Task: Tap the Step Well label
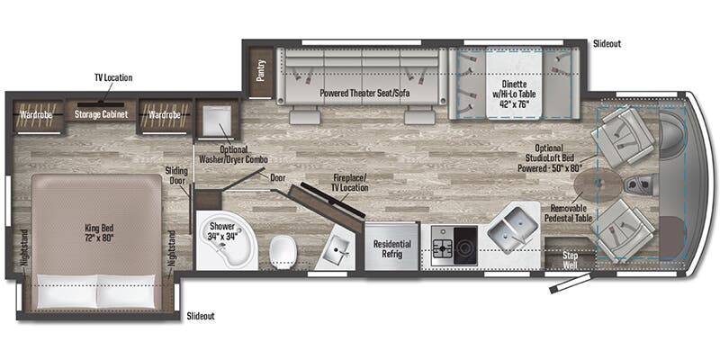[570, 259]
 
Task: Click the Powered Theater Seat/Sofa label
[358, 94]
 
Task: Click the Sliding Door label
[175, 175]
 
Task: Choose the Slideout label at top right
[608, 43]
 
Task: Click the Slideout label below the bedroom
[202, 317]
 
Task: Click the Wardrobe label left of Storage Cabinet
[37, 114]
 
